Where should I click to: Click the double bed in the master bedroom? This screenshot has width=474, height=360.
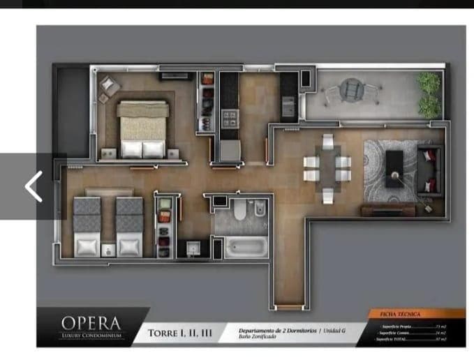[x=143, y=129]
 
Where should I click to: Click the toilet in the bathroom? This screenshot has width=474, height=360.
[x=240, y=210]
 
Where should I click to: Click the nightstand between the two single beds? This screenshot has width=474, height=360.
[x=108, y=248]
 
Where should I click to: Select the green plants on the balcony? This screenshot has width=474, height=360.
[x=429, y=95]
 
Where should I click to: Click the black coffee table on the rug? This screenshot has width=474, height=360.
[x=394, y=168]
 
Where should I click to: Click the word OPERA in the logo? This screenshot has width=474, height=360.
[x=91, y=323]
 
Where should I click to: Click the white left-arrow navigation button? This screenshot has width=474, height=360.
[x=32, y=186]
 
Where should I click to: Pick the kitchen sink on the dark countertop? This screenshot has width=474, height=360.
[x=289, y=107]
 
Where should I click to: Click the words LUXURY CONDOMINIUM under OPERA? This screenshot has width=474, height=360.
[x=91, y=336]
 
